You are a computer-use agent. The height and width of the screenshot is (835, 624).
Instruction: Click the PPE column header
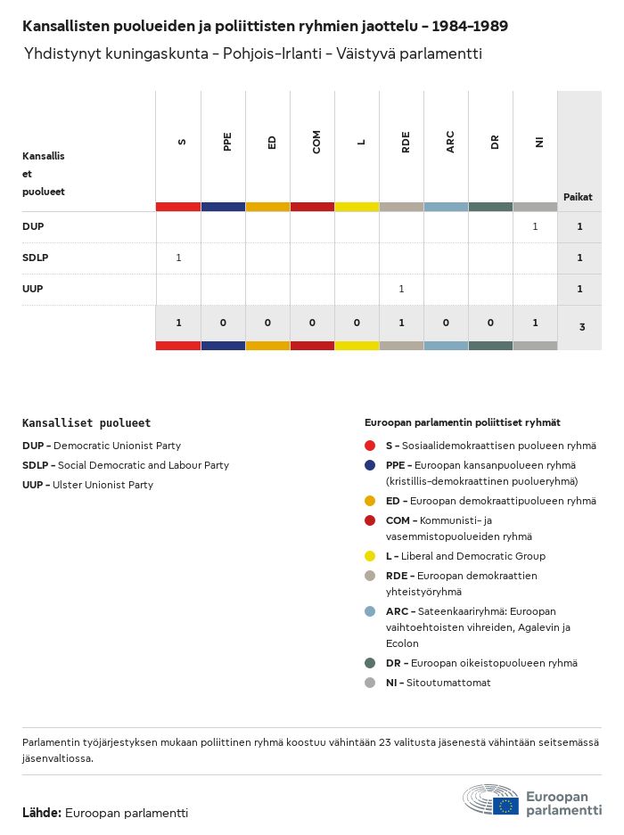tap(227, 142)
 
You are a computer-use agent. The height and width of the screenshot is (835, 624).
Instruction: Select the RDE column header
tap(406, 142)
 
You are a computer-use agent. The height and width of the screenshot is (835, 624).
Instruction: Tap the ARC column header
tap(450, 142)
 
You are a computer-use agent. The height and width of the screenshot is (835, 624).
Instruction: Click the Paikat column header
tap(578, 197)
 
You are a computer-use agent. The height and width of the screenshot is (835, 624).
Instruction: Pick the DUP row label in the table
tap(33, 227)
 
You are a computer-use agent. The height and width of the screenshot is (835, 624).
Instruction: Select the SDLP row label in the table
tap(35, 258)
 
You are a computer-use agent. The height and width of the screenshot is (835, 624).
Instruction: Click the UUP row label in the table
tap(33, 289)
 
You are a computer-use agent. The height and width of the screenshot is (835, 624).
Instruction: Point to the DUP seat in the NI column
tap(535, 227)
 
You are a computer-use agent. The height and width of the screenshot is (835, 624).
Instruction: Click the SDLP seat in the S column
tap(178, 258)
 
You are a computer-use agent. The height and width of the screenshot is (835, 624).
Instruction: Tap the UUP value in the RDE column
tap(401, 289)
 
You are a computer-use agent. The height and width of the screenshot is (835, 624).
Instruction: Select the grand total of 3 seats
tap(581, 327)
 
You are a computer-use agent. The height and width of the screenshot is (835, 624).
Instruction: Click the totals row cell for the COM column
tap(312, 323)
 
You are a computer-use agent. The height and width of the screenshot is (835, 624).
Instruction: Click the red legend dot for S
tap(370, 446)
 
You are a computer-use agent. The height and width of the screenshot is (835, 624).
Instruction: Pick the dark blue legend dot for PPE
tap(370, 465)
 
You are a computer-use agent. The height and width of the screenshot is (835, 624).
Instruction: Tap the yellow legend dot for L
tap(370, 556)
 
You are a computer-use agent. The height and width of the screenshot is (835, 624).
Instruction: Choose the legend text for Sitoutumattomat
tap(438, 683)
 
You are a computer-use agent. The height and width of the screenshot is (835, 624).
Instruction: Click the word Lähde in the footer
tap(41, 813)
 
